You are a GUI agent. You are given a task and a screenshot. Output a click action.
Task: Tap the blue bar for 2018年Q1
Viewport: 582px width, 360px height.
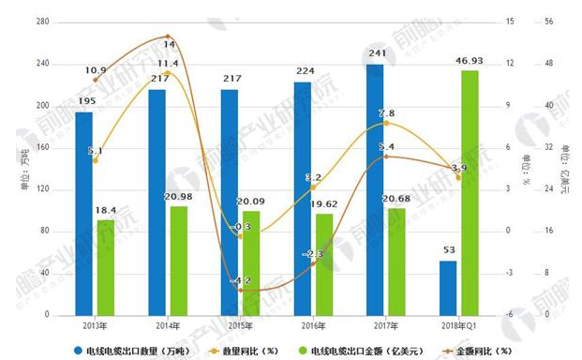(x=448, y=287)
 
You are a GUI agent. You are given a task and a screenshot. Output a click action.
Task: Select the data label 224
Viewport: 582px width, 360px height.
(x=302, y=72)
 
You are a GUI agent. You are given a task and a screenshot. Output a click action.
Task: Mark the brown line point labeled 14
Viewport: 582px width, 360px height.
(x=167, y=37)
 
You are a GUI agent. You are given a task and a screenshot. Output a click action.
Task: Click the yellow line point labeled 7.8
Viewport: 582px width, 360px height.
(x=385, y=123)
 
